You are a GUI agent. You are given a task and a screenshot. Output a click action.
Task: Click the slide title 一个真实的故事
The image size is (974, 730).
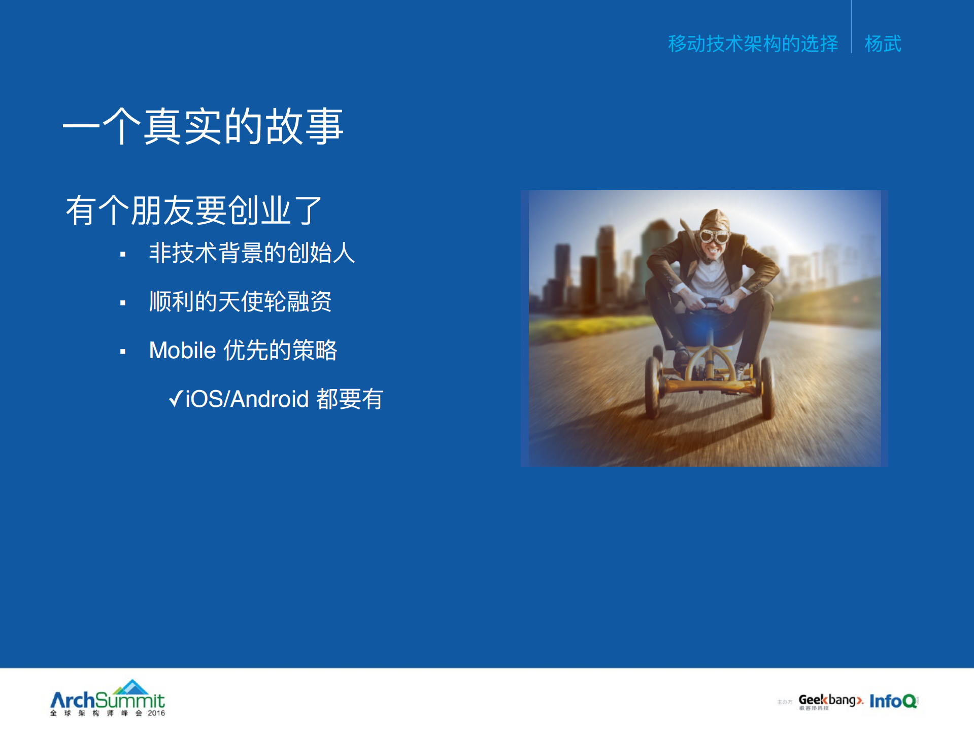[203, 126]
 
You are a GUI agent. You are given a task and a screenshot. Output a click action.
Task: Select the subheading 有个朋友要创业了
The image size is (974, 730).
[194, 211]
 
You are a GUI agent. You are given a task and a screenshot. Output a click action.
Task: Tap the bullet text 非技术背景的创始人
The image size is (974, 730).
[252, 253]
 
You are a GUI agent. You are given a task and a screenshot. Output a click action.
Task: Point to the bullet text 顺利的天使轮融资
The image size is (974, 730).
[240, 301]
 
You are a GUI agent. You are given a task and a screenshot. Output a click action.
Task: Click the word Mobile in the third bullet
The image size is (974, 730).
[183, 351]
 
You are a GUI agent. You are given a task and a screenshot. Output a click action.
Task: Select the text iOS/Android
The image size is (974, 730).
[247, 399]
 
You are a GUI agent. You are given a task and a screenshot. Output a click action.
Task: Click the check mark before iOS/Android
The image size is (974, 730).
[176, 399]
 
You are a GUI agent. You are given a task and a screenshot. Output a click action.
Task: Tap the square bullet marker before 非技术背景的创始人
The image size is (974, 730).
[123, 254]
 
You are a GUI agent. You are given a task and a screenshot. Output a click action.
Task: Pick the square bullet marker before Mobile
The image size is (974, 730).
[123, 352]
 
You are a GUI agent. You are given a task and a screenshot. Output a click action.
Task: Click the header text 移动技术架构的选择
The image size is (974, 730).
[753, 44]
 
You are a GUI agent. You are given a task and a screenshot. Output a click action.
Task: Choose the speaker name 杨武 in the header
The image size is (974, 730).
[883, 44]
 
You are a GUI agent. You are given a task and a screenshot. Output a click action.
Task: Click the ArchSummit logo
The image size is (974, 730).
[108, 699]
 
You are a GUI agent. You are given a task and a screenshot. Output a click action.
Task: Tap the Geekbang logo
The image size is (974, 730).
[830, 701]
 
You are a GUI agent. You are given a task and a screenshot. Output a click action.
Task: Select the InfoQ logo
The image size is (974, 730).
[893, 701]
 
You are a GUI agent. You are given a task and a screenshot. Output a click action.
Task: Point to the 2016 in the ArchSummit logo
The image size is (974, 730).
[156, 713]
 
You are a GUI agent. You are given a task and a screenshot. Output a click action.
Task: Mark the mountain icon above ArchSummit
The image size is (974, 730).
[131, 686]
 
